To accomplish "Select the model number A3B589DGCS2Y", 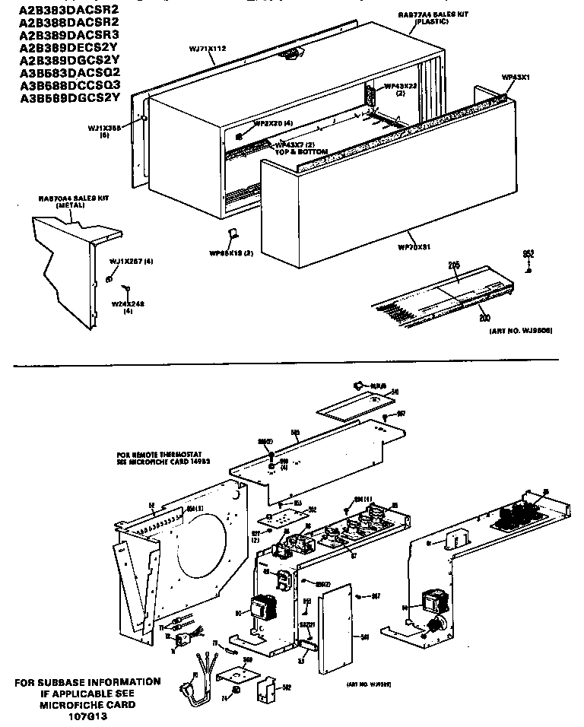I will [69, 97].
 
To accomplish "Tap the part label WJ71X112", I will [208, 49].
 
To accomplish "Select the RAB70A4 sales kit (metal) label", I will [74, 200].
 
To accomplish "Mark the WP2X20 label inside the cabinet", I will [272, 122].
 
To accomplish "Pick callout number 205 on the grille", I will [455, 265].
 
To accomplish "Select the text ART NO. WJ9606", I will [521, 332].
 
